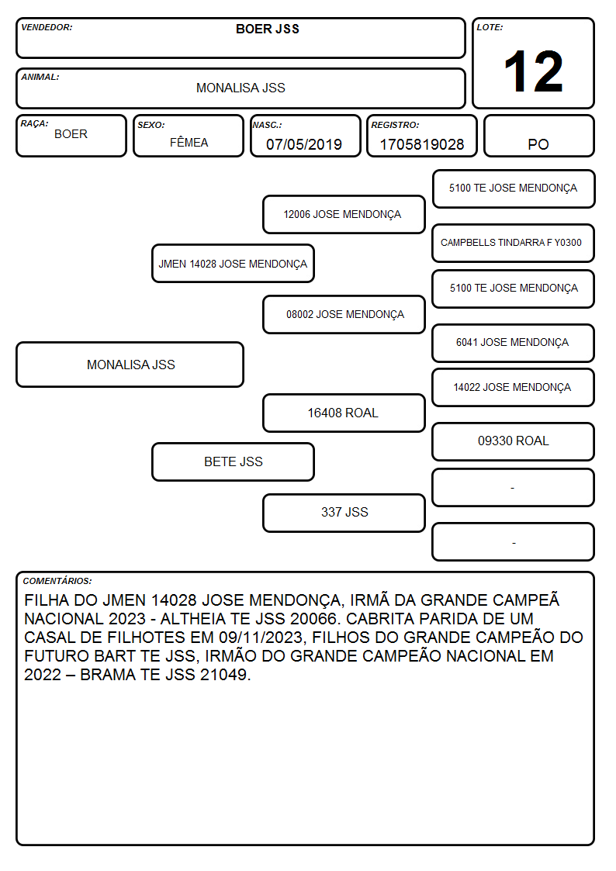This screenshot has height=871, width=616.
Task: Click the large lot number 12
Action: click(533, 71)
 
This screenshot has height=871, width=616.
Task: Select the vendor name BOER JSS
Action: click(268, 29)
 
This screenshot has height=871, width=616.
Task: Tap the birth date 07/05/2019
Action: click(304, 144)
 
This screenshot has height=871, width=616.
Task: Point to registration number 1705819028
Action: click(421, 144)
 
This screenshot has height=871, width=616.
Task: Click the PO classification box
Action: click(538, 136)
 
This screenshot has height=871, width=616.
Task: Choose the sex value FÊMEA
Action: click(189, 142)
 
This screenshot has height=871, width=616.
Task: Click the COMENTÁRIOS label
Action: click(57, 581)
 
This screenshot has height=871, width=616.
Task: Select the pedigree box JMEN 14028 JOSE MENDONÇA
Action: click(234, 263)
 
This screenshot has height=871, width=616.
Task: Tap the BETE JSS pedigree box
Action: click(234, 461)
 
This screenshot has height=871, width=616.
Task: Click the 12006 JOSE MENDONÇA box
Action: click(344, 214)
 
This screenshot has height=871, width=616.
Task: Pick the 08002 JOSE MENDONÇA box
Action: click(344, 314)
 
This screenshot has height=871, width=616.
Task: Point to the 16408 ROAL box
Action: click(344, 413)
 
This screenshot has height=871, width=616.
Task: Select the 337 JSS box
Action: click(344, 513)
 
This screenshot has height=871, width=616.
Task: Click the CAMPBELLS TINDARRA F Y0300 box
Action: click(514, 243)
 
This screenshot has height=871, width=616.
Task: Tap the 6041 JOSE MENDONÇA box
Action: click(514, 343)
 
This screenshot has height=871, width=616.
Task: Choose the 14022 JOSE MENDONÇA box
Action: click(514, 388)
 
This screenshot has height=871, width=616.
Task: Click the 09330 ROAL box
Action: click(514, 441)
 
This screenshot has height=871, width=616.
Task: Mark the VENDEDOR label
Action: click(47, 27)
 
